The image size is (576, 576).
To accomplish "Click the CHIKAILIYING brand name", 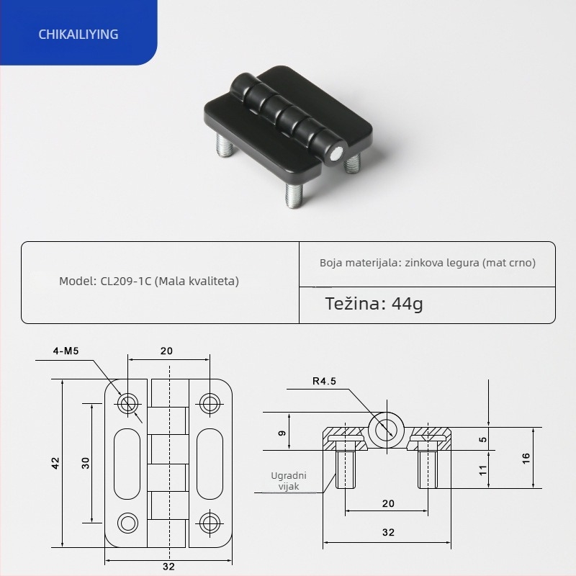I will (79, 34).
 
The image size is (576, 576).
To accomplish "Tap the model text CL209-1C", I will (149, 281).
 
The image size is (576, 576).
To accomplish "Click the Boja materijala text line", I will (428, 263).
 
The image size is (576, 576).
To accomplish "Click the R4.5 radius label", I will (325, 382).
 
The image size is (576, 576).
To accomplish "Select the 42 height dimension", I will (55, 462).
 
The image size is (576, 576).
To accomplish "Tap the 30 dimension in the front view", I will (85, 462).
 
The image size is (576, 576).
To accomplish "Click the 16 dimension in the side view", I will (526, 457).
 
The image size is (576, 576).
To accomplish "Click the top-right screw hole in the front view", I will (209, 403).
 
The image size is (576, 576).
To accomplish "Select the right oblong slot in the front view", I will (209, 462).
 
